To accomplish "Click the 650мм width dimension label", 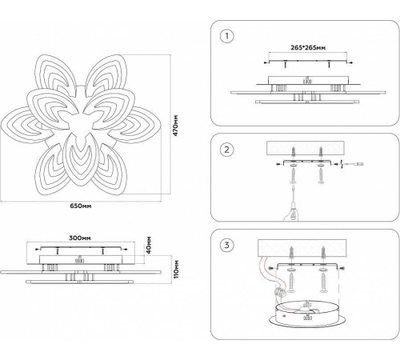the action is [x=81, y=206].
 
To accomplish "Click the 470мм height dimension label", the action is [x=175, y=126].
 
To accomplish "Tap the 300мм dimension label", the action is [x=80, y=238].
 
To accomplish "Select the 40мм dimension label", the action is [x=149, y=245].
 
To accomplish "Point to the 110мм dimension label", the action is [x=176, y=269].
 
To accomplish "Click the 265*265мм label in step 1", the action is [x=308, y=48].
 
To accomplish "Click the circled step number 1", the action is [x=227, y=36].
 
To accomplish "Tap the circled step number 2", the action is [x=226, y=150].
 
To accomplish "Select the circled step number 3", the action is [x=226, y=245].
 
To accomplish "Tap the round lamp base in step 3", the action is [x=307, y=314].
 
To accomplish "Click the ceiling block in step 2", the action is [x=306, y=148].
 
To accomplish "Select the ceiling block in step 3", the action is [x=302, y=248].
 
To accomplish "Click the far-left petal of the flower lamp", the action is [x=24, y=125].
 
